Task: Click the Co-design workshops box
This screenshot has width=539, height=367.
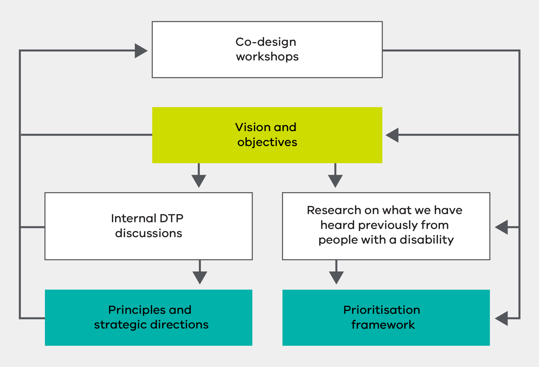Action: [267, 50]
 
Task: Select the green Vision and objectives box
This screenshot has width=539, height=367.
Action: [267, 135]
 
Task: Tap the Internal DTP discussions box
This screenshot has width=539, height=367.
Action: [148, 226]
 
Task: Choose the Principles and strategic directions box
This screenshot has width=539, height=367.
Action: [148, 317]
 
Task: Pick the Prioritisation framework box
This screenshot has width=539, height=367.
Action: [386, 317]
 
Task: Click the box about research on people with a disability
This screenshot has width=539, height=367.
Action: [386, 226]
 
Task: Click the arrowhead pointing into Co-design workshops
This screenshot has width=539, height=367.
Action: [141, 51]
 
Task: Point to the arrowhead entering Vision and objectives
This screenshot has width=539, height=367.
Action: [392, 135]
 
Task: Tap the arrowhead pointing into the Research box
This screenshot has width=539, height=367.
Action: [502, 227]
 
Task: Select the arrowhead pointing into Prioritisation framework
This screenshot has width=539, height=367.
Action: [502, 318]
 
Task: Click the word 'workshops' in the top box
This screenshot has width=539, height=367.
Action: [267, 57]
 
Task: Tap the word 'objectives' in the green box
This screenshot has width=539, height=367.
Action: [267, 142]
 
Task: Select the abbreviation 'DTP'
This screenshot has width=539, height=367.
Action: [171, 218]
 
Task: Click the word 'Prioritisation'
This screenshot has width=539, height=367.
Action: [381, 310]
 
